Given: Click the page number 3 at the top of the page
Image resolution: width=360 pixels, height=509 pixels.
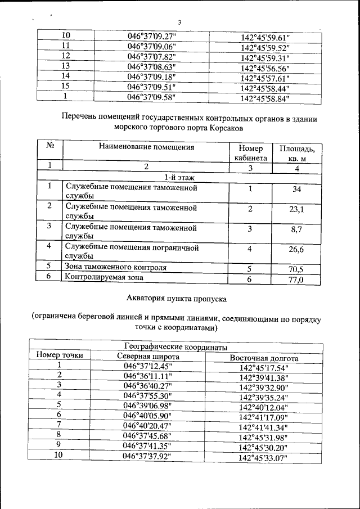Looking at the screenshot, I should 179,23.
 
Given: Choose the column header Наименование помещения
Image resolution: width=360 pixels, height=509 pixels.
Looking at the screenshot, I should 146,148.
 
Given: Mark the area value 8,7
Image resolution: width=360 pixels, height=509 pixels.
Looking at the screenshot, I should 297,230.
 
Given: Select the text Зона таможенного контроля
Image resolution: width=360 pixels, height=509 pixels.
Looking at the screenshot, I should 116,268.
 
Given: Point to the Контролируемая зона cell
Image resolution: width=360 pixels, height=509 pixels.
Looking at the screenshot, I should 104,277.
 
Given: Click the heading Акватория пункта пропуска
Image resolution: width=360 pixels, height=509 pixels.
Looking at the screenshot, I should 178,298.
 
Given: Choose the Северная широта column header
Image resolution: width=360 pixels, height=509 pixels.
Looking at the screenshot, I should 148,357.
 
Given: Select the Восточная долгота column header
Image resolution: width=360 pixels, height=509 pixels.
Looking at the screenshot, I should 264,358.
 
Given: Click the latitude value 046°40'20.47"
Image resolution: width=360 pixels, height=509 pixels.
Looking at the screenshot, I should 147,426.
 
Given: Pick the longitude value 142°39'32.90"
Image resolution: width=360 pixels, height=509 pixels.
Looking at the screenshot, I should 263,388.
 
